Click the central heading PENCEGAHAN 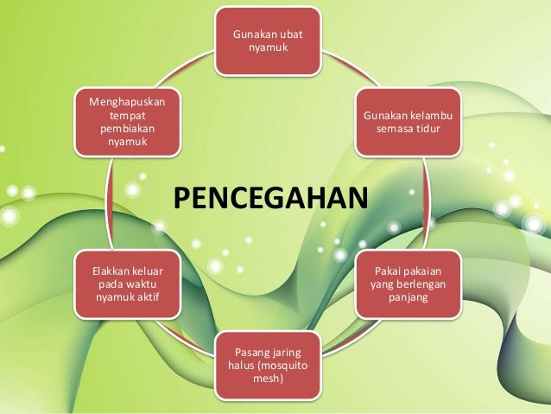point(270,198)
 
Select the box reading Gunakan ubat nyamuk point(269,40)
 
